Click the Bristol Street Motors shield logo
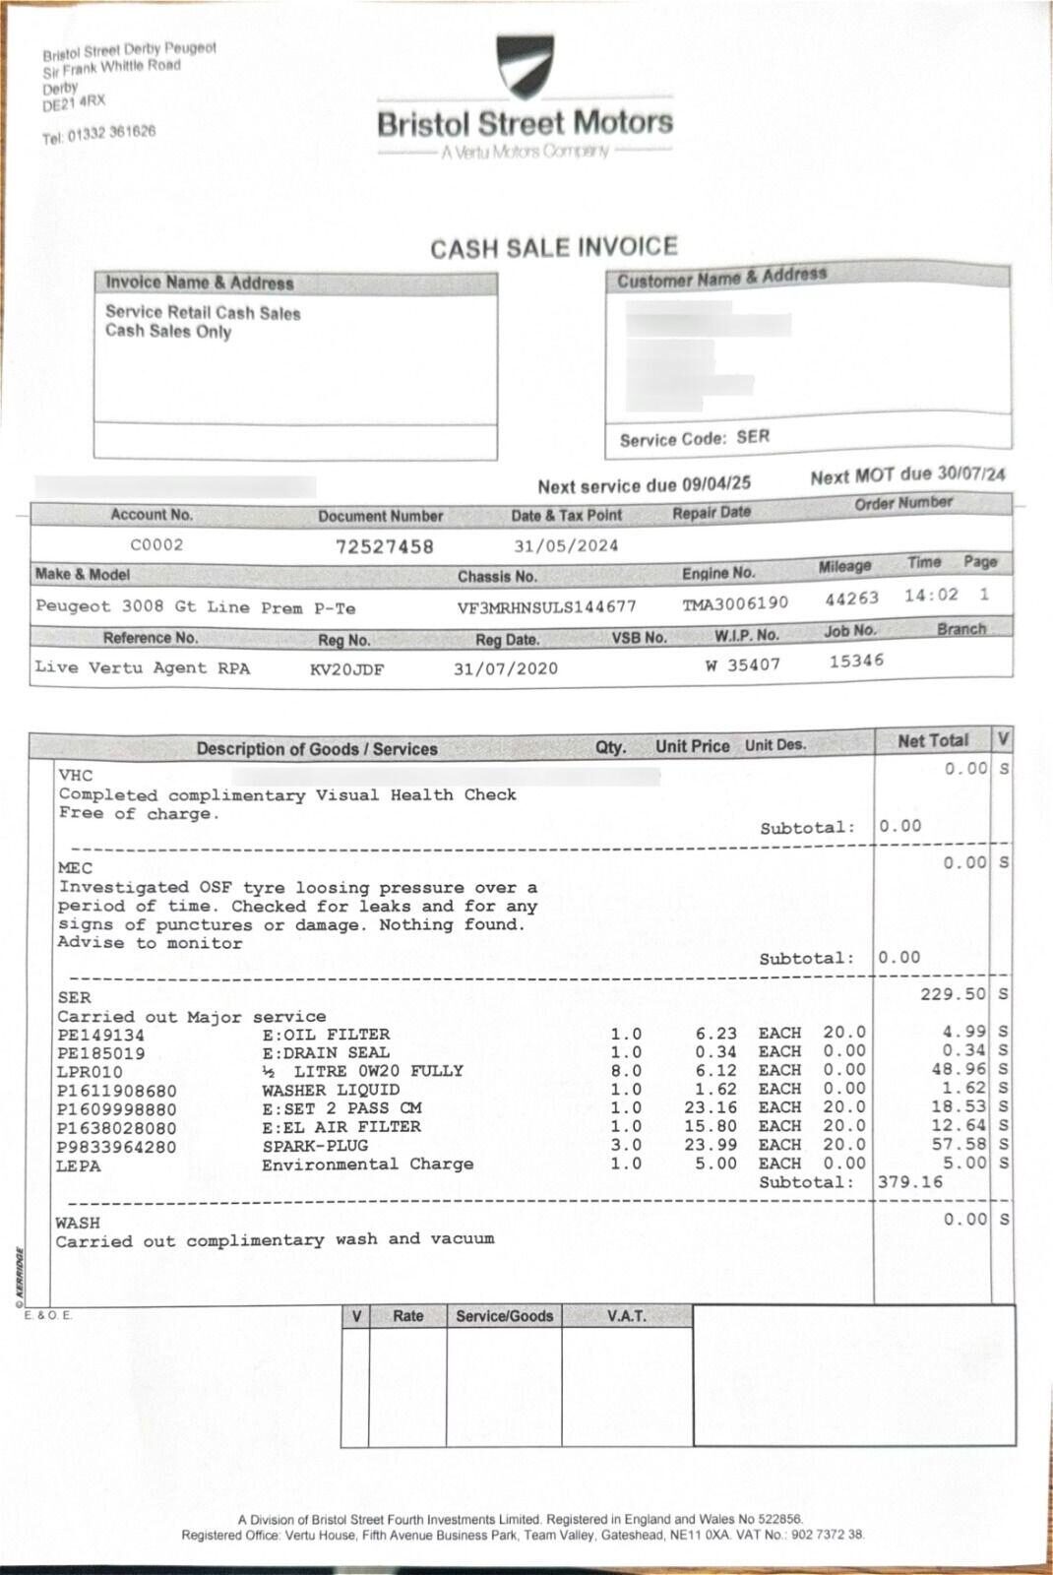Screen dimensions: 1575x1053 click(x=525, y=67)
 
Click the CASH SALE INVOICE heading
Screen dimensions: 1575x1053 click(x=554, y=247)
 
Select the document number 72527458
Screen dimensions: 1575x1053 click(x=385, y=546)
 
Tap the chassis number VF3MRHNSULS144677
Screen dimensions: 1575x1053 click(x=546, y=606)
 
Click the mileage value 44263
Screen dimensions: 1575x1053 click(x=851, y=598)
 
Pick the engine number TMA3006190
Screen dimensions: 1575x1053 click(x=735, y=602)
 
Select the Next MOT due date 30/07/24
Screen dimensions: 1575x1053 click(x=970, y=473)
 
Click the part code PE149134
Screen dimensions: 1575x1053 click(x=100, y=1035)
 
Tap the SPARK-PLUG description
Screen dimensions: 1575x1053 click(x=315, y=1146)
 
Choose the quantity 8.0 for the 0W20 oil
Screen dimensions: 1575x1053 click(x=626, y=1071)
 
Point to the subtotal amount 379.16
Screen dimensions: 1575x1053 click(x=910, y=1181)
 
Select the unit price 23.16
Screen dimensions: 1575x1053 click(x=714, y=1107)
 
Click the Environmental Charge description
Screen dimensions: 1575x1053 click(x=367, y=1165)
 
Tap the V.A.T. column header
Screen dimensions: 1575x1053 click(x=626, y=1316)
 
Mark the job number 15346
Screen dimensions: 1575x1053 click(x=856, y=661)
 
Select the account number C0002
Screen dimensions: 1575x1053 click(x=156, y=544)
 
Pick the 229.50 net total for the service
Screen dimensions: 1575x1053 click(x=953, y=994)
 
